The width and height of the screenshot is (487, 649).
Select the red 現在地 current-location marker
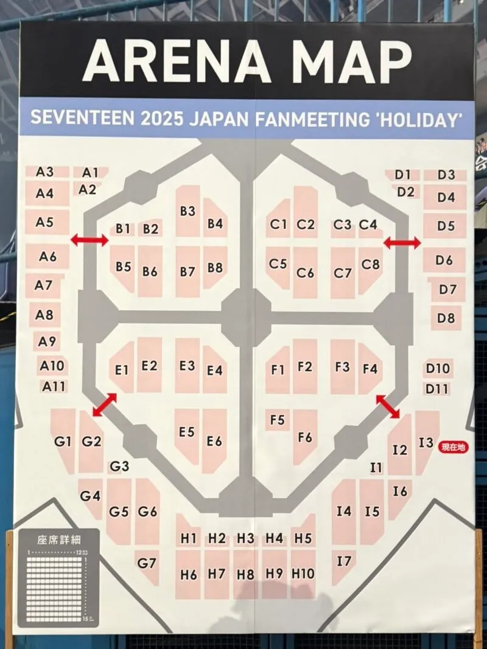(453, 447)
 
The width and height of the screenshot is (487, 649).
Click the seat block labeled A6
(47, 257)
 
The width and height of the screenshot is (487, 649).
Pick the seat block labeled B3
(187, 211)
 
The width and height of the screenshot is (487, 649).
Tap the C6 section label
(305, 273)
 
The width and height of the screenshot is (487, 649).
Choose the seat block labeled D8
(446, 318)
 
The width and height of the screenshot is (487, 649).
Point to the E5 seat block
(187, 432)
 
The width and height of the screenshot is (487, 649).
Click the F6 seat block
(305, 437)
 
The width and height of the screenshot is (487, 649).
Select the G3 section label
(119, 467)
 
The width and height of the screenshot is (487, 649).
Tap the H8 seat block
(245, 574)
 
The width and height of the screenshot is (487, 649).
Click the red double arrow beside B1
(89, 240)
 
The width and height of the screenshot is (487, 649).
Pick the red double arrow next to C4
(402, 243)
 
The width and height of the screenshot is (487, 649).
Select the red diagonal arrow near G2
(105, 405)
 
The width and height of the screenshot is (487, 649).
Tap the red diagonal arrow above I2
(388, 406)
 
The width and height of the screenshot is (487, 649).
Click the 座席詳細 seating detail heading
(58, 540)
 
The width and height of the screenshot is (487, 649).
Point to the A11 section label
(54, 386)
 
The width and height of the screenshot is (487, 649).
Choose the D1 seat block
(402, 175)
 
